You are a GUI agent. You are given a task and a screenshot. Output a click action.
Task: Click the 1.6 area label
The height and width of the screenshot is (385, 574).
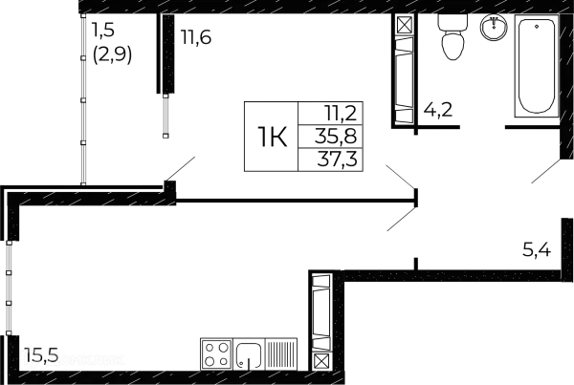[198, 37]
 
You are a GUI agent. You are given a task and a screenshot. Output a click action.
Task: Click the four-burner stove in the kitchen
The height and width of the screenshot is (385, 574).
[215, 354]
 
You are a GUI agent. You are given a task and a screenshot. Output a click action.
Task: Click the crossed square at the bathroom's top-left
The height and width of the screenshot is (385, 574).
[405, 27]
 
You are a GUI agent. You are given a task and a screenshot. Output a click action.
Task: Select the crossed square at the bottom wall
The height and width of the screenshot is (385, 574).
[321, 360]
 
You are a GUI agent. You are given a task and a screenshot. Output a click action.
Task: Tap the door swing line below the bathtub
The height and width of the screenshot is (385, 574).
[543, 170]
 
